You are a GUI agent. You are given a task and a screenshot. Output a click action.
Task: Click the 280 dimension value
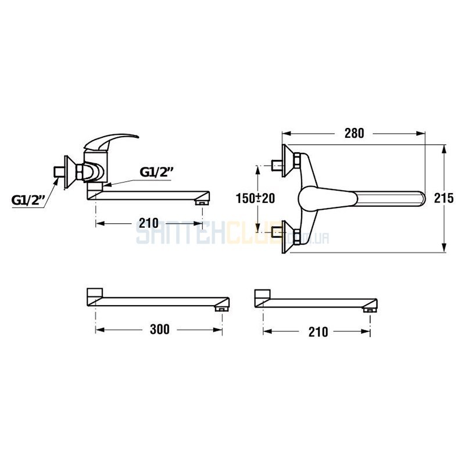pyautogui.click(x=354, y=134)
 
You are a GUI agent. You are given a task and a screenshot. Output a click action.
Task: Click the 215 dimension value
pyautogui.click(x=444, y=198)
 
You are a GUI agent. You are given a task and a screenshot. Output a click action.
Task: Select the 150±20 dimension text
pyautogui.click(x=255, y=198)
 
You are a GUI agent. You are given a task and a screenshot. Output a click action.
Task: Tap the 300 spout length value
pyautogui.click(x=159, y=329)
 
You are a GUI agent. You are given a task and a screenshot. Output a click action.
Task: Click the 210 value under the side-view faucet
pyautogui.click(x=149, y=223)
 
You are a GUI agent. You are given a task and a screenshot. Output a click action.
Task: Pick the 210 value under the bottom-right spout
pyautogui.click(x=318, y=332)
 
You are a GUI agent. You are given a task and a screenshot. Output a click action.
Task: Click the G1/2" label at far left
pyautogui.click(x=28, y=200)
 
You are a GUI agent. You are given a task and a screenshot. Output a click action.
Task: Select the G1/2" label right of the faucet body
pyautogui.click(x=156, y=172)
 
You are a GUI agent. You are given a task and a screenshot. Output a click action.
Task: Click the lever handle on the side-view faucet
pyautogui.click(x=110, y=141)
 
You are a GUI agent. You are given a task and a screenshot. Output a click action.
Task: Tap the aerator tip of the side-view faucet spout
pyautogui.click(x=202, y=203)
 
